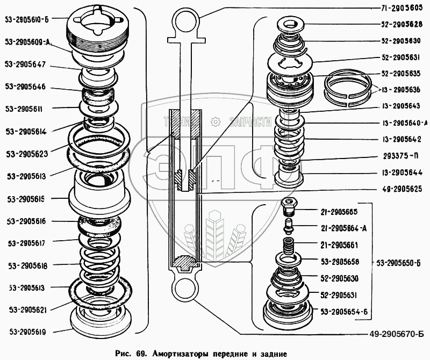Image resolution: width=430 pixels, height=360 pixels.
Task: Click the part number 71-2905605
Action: tap(402, 8)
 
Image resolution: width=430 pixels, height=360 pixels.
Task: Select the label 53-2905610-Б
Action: tap(26, 19)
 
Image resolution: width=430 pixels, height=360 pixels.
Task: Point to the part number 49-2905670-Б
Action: tap(397, 334)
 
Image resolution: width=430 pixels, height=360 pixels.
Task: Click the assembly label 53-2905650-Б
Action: tap(398, 263)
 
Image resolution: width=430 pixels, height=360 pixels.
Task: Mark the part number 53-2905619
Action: tap(28, 332)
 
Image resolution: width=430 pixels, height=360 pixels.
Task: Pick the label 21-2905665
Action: tap(339, 212)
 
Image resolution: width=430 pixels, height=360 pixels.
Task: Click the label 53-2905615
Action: tap(26, 199)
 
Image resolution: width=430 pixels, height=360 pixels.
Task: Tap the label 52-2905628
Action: tap(402, 24)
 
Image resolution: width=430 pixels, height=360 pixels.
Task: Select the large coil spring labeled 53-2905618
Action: tap(99, 267)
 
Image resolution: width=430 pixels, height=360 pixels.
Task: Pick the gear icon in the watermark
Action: tap(216, 121)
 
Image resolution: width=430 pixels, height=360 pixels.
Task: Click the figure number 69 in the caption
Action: tap(140, 354)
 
